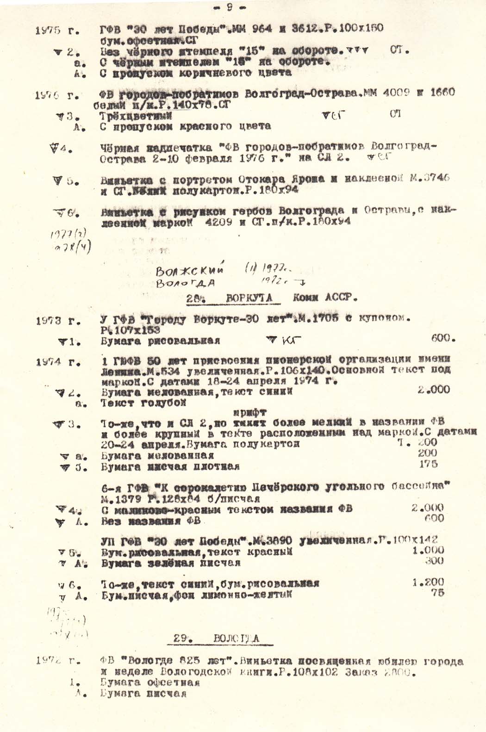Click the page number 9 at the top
[x=230, y=7]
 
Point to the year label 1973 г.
[x=57, y=320]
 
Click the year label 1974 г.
[x=57, y=362]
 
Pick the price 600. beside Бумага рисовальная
[x=443, y=338]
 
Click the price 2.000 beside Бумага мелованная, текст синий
[x=433, y=390]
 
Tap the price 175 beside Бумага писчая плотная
[x=428, y=464]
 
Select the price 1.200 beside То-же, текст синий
[x=428, y=582]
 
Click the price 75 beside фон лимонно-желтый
[x=437, y=593]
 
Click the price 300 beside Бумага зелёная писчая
[x=434, y=561]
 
